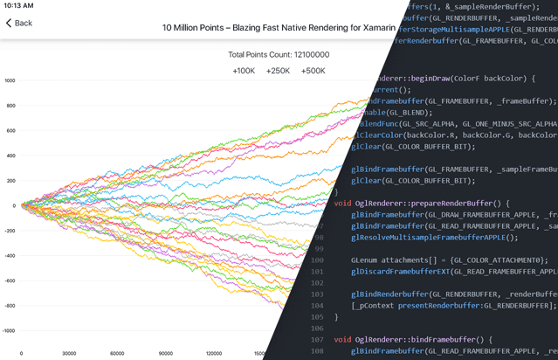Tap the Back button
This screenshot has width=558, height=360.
[x=19, y=23]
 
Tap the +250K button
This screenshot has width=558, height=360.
[x=279, y=71]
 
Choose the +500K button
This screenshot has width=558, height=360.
[x=313, y=71]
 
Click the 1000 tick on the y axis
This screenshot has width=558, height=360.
[x=10, y=80]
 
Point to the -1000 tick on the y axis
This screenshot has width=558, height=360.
[x=9, y=332]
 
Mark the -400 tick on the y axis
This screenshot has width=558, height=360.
[x=10, y=257]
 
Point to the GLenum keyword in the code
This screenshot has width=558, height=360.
[x=366, y=260]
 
